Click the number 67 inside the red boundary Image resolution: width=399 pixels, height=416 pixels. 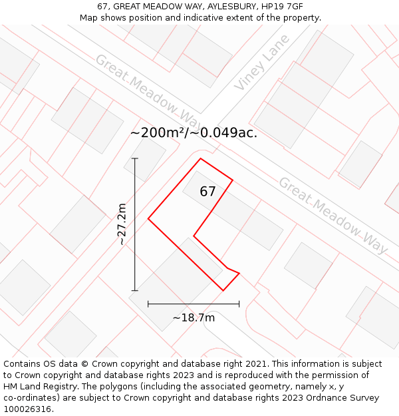207,192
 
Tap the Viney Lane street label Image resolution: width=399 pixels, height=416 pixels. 262,63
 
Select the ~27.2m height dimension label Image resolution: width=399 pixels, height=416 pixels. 122,224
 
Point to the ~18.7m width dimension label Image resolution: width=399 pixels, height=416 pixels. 194,317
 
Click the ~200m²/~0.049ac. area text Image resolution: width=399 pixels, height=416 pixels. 194,133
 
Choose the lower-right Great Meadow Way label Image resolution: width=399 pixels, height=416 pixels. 332,214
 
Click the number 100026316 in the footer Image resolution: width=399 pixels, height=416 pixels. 27,409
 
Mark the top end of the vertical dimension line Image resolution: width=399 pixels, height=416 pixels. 135,158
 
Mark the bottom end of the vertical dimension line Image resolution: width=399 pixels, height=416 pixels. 135,291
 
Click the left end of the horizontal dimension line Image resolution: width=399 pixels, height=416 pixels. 148,304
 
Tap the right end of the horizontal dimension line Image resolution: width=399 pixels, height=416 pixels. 239,304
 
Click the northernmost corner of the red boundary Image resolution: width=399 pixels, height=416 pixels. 201,158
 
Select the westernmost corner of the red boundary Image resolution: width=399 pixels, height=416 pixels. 148,218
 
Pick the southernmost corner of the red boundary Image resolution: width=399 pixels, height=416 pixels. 223,291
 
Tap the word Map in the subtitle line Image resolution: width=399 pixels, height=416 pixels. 90,17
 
